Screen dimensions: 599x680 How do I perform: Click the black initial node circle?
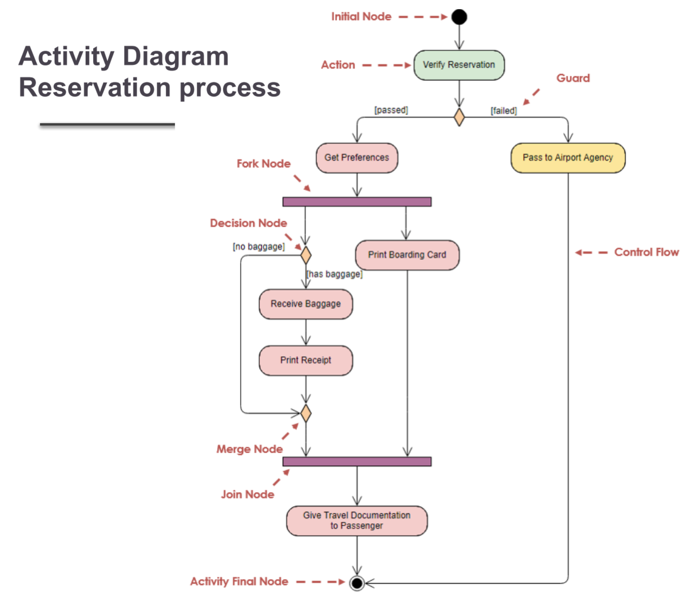(x=459, y=17)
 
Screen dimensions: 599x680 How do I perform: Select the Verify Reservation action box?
(x=459, y=65)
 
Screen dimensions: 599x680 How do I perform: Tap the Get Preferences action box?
(x=357, y=158)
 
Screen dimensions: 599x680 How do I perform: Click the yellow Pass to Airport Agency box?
(x=567, y=158)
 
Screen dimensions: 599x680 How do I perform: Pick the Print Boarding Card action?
(x=407, y=255)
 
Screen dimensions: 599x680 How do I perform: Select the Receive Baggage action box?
(x=306, y=304)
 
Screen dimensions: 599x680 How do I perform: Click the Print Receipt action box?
(x=306, y=360)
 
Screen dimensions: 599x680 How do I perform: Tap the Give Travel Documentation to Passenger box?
(x=357, y=521)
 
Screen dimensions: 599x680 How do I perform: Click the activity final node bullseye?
(x=357, y=583)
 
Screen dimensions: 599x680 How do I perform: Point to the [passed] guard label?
(x=391, y=110)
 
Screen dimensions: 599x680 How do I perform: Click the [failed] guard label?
(x=504, y=111)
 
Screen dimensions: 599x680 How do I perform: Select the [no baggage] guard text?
(x=259, y=247)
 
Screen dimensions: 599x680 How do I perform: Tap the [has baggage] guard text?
(x=335, y=274)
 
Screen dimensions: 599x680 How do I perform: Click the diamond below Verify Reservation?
(x=459, y=117)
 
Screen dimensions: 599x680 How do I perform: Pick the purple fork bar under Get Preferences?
(x=357, y=202)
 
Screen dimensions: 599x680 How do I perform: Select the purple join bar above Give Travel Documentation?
(x=357, y=461)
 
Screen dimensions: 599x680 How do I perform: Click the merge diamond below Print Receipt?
(x=306, y=413)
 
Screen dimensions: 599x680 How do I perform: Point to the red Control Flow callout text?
(x=646, y=252)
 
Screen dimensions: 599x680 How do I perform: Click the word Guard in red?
(x=573, y=78)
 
